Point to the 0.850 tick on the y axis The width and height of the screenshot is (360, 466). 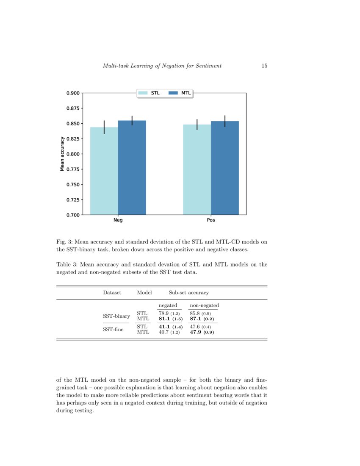tap(74, 124)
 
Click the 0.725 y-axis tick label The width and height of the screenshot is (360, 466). tap(74, 200)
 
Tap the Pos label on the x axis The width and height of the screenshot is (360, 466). tap(211, 220)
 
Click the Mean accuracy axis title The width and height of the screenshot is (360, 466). tap(62, 154)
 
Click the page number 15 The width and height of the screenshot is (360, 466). tap(264, 66)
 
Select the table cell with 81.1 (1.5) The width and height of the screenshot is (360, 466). tap(170, 319)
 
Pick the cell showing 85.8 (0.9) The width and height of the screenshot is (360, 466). tap(200, 313)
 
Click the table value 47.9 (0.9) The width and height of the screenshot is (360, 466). tap(202, 333)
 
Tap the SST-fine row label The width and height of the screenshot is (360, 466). tap(114, 330)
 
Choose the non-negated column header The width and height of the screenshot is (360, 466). tap(204, 305)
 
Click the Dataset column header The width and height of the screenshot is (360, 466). tap(112, 292)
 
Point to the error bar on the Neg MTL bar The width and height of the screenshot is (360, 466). tap(132, 120)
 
